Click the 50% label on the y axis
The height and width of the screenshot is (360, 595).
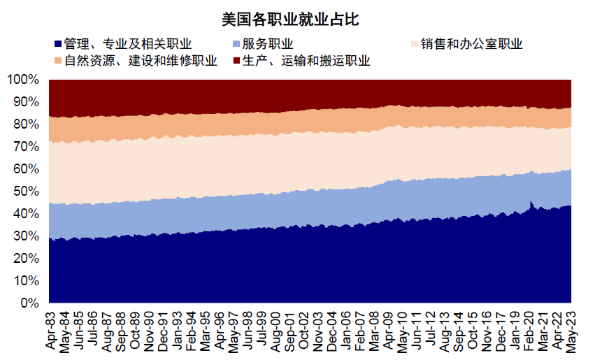[x=27, y=192]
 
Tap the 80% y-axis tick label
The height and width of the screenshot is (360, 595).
[x=27, y=124]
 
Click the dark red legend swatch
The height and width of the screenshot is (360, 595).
[x=236, y=61]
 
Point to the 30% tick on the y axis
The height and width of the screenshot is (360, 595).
[x=27, y=236]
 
